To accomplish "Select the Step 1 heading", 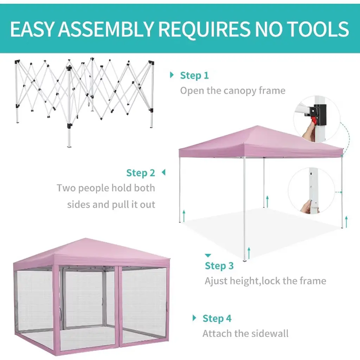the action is [194, 75].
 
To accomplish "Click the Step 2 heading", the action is [141, 173].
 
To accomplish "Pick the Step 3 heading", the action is [219, 266].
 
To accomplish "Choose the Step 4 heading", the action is [217, 319].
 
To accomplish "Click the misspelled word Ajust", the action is [216, 281].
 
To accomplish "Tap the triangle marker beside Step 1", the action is [172, 75].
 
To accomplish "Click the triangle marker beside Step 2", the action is [164, 172].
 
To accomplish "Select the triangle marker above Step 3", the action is [208, 255].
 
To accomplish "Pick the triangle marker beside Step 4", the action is [194, 318].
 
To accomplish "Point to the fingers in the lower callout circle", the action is [307, 205].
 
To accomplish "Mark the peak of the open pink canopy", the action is [258, 126].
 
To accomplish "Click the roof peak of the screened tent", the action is [86, 239].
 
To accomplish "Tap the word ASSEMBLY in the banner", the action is [105, 29].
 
